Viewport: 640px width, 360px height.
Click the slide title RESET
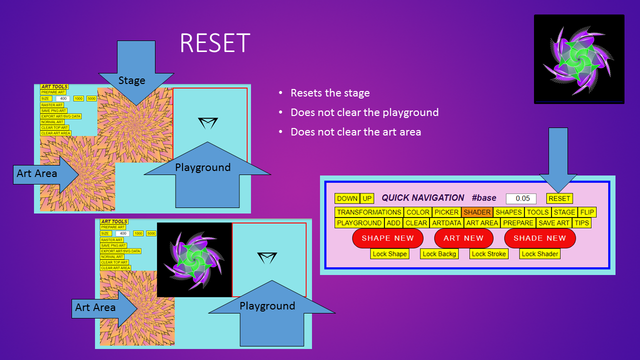click(x=215, y=43)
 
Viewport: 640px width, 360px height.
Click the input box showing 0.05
click(x=521, y=198)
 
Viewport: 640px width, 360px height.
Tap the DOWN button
click(x=347, y=198)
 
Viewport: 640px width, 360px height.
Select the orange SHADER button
click(x=477, y=212)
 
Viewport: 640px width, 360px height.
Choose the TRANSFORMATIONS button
click(x=369, y=212)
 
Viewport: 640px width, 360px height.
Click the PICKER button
click(x=446, y=212)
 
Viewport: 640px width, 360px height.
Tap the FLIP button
click(x=587, y=212)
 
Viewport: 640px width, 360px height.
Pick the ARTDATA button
click(x=446, y=223)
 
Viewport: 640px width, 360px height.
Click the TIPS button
click(x=581, y=223)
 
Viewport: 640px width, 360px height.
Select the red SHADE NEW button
click(x=539, y=238)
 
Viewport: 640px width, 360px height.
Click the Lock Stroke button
click(x=489, y=254)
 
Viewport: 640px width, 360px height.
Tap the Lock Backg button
click(x=439, y=254)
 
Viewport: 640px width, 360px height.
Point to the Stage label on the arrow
click(x=131, y=80)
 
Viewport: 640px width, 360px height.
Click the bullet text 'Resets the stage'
click(x=330, y=93)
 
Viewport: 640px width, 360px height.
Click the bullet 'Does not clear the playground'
click(x=364, y=112)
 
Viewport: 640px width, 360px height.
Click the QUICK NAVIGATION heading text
click(x=423, y=198)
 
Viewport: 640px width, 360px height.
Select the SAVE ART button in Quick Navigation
click(x=553, y=223)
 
